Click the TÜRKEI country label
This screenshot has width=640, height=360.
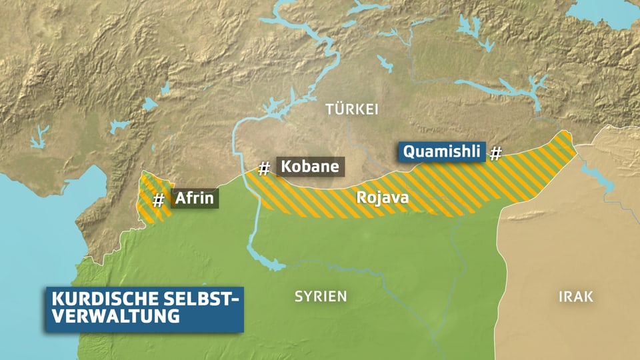coord(351,109)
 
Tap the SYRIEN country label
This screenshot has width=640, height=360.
coord(321,296)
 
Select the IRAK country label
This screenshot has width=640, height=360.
coord(575,297)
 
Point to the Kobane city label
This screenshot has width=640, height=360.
coord(309,167)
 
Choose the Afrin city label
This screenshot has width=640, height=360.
coord(194,198)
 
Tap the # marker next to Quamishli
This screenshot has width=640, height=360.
coord(495,154)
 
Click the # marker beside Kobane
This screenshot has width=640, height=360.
coord(264,169)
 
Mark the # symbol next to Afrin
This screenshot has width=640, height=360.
coord(159,199)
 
